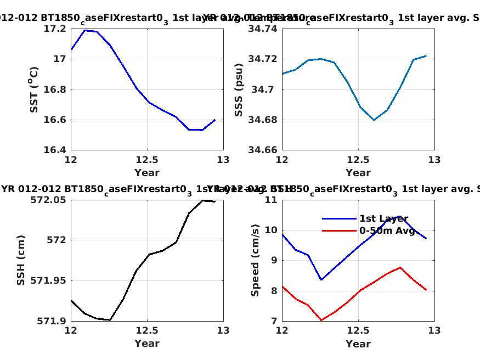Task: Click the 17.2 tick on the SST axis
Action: point(57,29)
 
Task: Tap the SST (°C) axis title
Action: point(34,89)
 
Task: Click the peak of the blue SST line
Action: point(85,30)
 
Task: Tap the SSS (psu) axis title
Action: point(239,89)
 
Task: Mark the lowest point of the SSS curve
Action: point(374,120)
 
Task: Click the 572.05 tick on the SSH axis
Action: point(52,200)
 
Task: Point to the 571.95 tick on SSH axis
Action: point(52,280)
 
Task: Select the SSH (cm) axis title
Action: point(21,260)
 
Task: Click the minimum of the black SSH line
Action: point(110,320)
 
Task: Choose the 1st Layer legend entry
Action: point(383,218)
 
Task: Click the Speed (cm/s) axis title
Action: point(255,260)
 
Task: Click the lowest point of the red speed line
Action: point(321,320)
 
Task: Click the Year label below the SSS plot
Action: point(358,173)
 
